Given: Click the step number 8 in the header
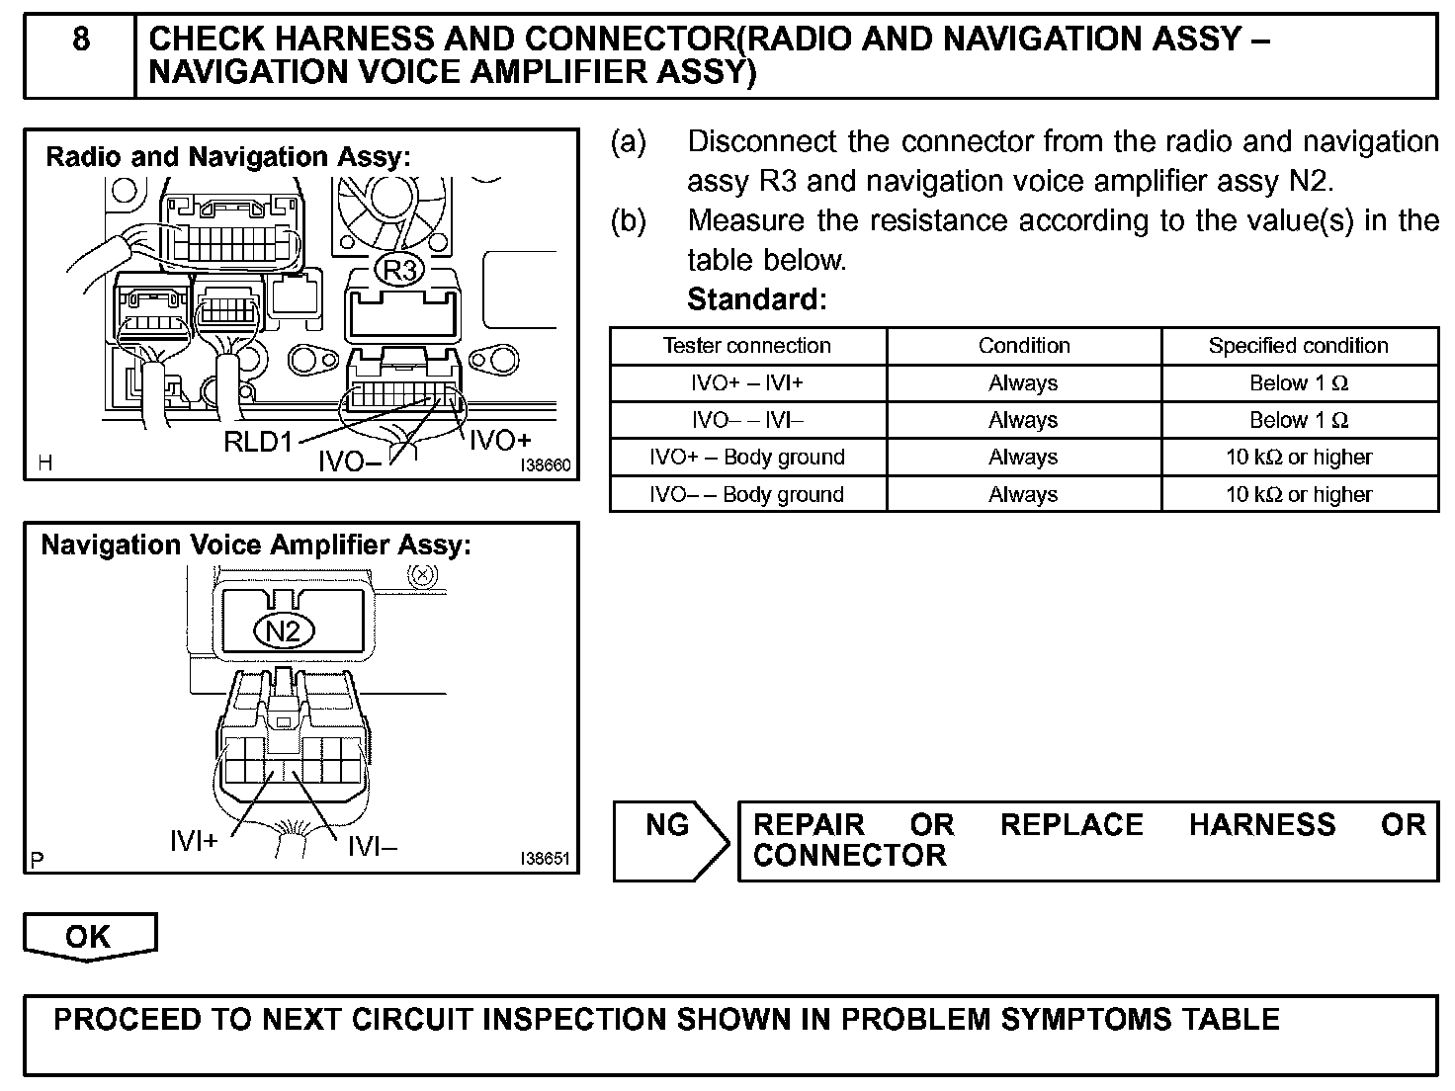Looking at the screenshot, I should (80, 40).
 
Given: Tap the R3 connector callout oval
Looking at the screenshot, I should (399, 269).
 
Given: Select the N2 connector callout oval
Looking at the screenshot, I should (284, 629).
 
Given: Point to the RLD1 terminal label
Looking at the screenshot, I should (258, 442).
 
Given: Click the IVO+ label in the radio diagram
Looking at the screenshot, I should (499, 440).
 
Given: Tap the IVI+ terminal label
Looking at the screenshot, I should (194, 841).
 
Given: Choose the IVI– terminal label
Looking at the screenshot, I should (372, 845).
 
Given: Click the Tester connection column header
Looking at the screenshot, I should (746, 346).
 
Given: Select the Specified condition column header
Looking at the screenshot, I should (1298, 346).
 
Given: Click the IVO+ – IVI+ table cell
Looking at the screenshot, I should (746, 383).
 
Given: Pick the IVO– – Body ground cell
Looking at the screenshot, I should (746, 494).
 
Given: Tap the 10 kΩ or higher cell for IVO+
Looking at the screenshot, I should (1298, 458).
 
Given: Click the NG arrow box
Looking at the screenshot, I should (669, 840).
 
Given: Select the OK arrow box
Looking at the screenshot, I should (89, 936).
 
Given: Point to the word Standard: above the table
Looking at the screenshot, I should (756, 298).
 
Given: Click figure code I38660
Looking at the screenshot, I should (546, 465).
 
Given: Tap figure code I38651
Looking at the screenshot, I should (545, 859).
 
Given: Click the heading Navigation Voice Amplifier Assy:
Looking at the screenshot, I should (256, 545).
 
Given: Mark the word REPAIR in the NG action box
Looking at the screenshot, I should (810, 825).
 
